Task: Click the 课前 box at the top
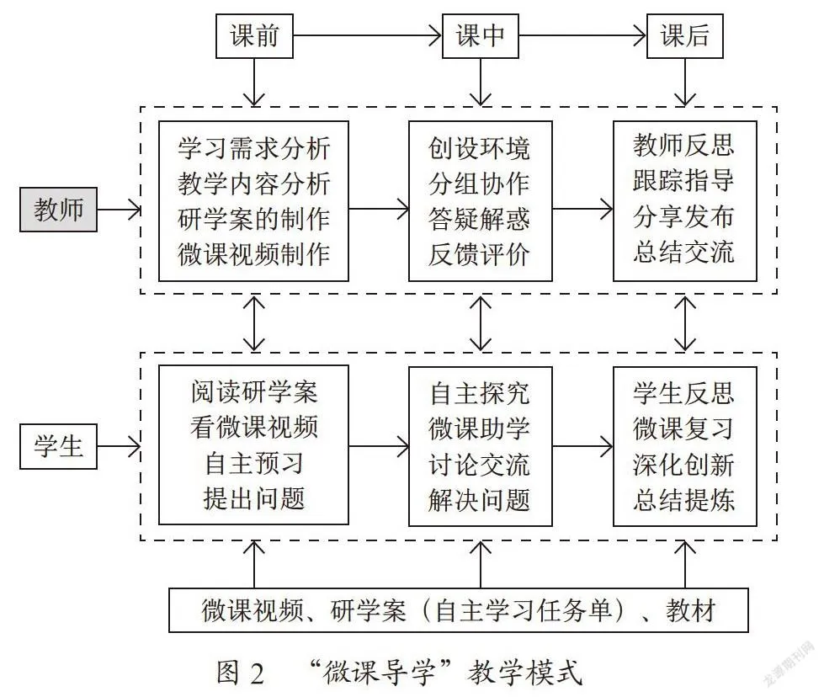click(x=254, y=35)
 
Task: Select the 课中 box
click(x=481, y=35)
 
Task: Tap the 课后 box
click(x=685, y=35)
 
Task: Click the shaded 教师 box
click(x=58, y=210)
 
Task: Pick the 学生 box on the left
click(x=58, y=446)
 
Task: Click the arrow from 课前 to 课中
click(x=367, y=35)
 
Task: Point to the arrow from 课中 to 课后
click(x=582, y=35)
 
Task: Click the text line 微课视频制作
click(x=254, y=254)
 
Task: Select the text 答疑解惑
click(x=479, y=219)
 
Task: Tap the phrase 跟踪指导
click(x=683, y=180)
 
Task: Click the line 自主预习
click(x=254, y=464)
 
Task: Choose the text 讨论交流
click(x=479, y=465)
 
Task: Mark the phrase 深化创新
click(x=683, y=465)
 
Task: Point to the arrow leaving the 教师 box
click(x=120, y=210)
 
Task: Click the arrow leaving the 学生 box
click(x=120, y=447)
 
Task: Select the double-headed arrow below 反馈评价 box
click(x=481, y=323)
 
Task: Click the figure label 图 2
click(x=241, y=673)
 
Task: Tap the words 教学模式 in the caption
click(x=525, y=673)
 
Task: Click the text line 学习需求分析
click(x=254, y=148)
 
